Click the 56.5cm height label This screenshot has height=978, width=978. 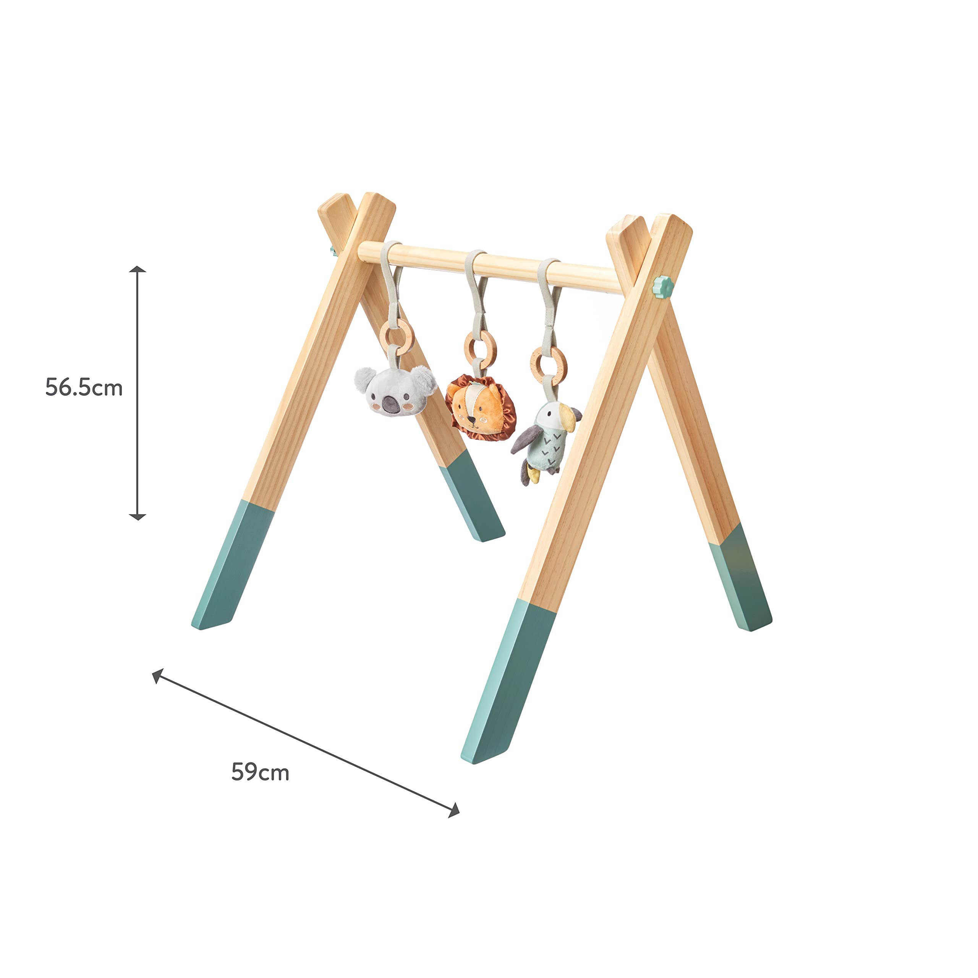(84, 388)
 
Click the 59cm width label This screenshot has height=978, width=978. (260, 772)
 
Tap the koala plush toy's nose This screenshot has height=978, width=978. (390, 404)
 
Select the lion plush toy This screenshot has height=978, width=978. (480, 408)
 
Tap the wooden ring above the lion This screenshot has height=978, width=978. (480, 346)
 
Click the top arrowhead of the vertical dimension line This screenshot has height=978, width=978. (137, 269)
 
